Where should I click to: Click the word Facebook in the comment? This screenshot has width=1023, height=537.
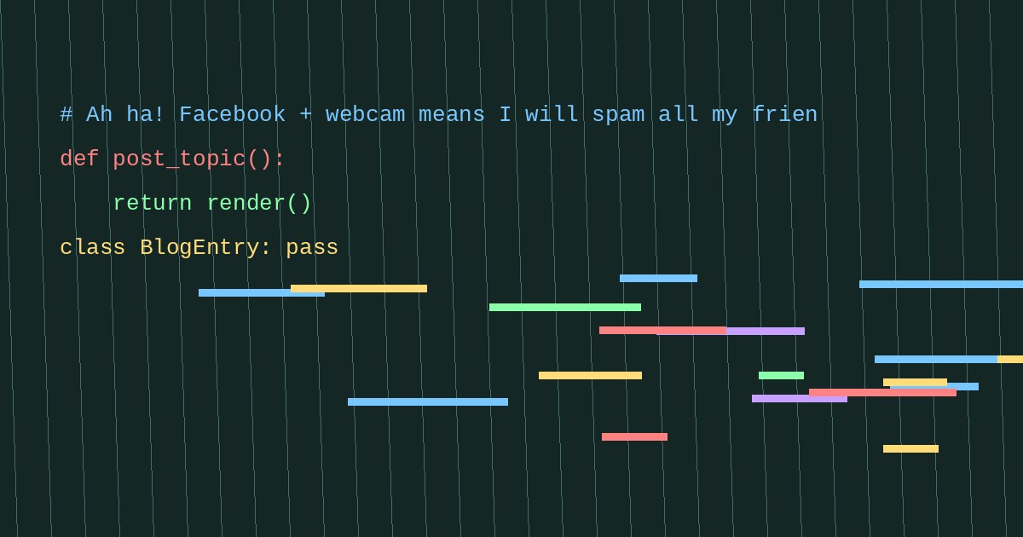point(232,114)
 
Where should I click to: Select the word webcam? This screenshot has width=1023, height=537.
point(365,114)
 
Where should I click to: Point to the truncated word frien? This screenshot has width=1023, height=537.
point(784,114)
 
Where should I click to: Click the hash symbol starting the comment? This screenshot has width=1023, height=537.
point(66,114)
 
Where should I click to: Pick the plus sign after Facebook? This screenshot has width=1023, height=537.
point(305,114)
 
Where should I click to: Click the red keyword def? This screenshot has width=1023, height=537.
point(79,159)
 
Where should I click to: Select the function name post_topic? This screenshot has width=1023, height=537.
point(180,159)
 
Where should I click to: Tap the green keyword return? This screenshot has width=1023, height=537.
point(153,203)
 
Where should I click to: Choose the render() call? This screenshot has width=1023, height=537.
point(259,203)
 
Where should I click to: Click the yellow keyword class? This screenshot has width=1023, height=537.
point(93,247)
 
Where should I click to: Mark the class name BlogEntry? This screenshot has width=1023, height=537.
point(199,248)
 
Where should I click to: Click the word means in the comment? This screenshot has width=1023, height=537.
point(452,114)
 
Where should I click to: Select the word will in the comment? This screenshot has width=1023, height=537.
point(552,114)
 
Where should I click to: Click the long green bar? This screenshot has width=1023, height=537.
point(565,308)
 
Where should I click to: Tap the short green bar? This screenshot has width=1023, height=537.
point(781,375)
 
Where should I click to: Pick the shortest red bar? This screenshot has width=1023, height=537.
point(634,437)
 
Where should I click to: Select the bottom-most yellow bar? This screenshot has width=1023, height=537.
point(910,449)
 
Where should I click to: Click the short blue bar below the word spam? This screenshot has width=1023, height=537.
point(658,279)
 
